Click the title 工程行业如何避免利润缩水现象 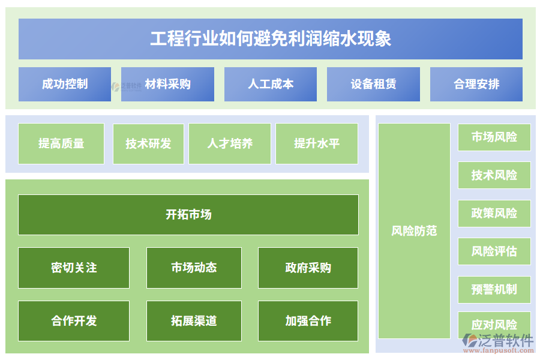coord(270,39)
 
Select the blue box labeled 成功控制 coord(65,84)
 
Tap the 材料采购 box coord(167,84)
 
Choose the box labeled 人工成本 coord(271,84)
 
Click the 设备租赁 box coord(373,84)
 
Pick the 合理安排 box coord(476,84)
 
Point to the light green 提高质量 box coord(61,143)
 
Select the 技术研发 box coord(148,143)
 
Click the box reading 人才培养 coord(230,143)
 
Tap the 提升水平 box coord(317,143)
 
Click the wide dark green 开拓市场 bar coord(188,214)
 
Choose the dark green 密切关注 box coord(74,268)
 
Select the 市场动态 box coord(194,268)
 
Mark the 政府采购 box coord(308,268)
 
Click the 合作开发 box coord(74,321)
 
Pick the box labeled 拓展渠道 coord(194,321)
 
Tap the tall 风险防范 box coord(414,230)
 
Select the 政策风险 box coord(494,213)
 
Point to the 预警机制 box coord(494,289)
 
